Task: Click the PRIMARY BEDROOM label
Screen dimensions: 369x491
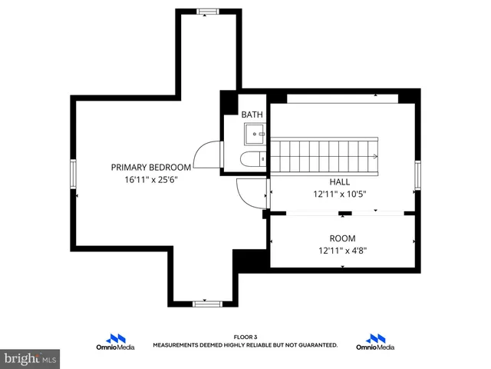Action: pos(150,167)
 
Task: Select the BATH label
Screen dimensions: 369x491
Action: pos(252,115)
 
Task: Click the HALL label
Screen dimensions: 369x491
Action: pos(340,181)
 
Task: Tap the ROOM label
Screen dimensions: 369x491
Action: pos(342,238)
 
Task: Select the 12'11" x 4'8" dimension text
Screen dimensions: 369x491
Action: pos(342,251)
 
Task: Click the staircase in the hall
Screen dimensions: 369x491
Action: pos(327,156)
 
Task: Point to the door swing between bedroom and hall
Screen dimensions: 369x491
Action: pos(250,192)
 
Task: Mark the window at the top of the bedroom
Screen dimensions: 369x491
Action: pos(206,11)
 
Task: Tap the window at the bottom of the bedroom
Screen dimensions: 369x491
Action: pos(206,304)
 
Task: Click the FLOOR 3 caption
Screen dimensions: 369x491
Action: pos(245,337)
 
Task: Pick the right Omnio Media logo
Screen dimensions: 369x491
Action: pos(375,342)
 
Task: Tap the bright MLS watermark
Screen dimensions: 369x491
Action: pos(31,358)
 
